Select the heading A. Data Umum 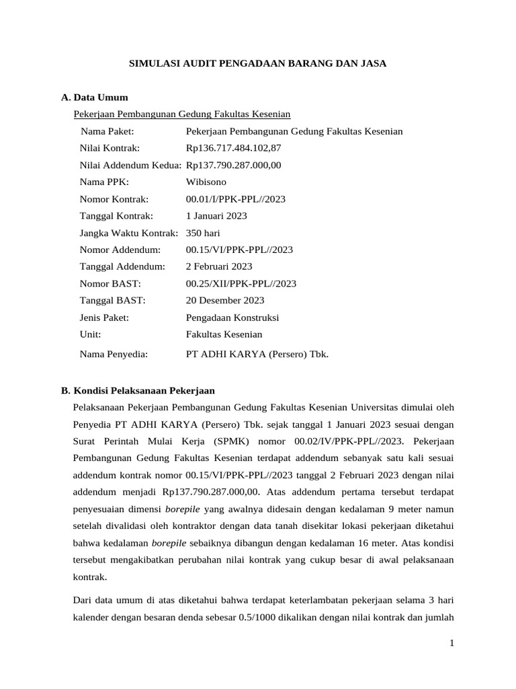[94, 98]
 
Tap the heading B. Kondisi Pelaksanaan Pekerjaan [138, 390]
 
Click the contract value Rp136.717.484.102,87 [233, 148]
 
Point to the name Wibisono [206, 182]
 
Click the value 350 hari [203, 233]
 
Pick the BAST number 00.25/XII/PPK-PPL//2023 [241, 283]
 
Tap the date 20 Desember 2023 [224, 300]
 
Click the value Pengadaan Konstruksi [232, 317]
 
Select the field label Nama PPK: [104, 182]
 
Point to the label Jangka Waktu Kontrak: [129, 233]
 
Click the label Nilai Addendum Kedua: [130, 165]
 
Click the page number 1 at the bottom [452, 643]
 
